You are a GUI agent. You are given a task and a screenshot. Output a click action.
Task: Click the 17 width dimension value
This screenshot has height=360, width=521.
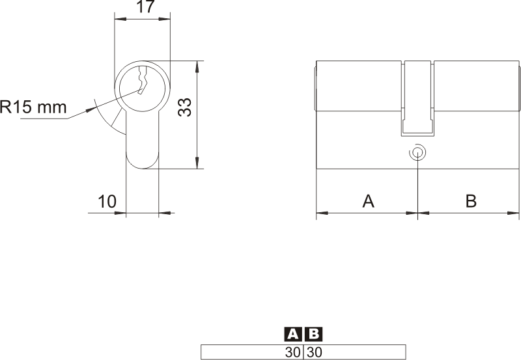(x=146, y=7)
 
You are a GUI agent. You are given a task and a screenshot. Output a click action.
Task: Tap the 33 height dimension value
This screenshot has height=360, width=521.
(x=185, y=107)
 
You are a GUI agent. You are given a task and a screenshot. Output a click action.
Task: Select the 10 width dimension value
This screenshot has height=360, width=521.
(x=107, y=201)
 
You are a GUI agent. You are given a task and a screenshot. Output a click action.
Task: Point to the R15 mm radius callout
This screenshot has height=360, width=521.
(x=33, y=107)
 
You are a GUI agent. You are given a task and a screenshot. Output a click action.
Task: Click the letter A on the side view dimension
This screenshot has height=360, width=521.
(x=368, y=201)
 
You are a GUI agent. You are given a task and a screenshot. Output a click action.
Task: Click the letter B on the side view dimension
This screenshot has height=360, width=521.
(x=471, y=201)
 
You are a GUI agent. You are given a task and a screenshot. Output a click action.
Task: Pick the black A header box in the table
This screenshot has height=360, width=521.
(x=293, y=334)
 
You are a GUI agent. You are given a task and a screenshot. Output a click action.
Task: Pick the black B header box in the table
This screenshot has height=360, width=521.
(x=313, y=334)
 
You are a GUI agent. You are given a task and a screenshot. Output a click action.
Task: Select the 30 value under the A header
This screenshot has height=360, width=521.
(x=292, y=352)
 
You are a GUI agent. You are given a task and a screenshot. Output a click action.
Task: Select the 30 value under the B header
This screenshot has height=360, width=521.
(x=315, y=352)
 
